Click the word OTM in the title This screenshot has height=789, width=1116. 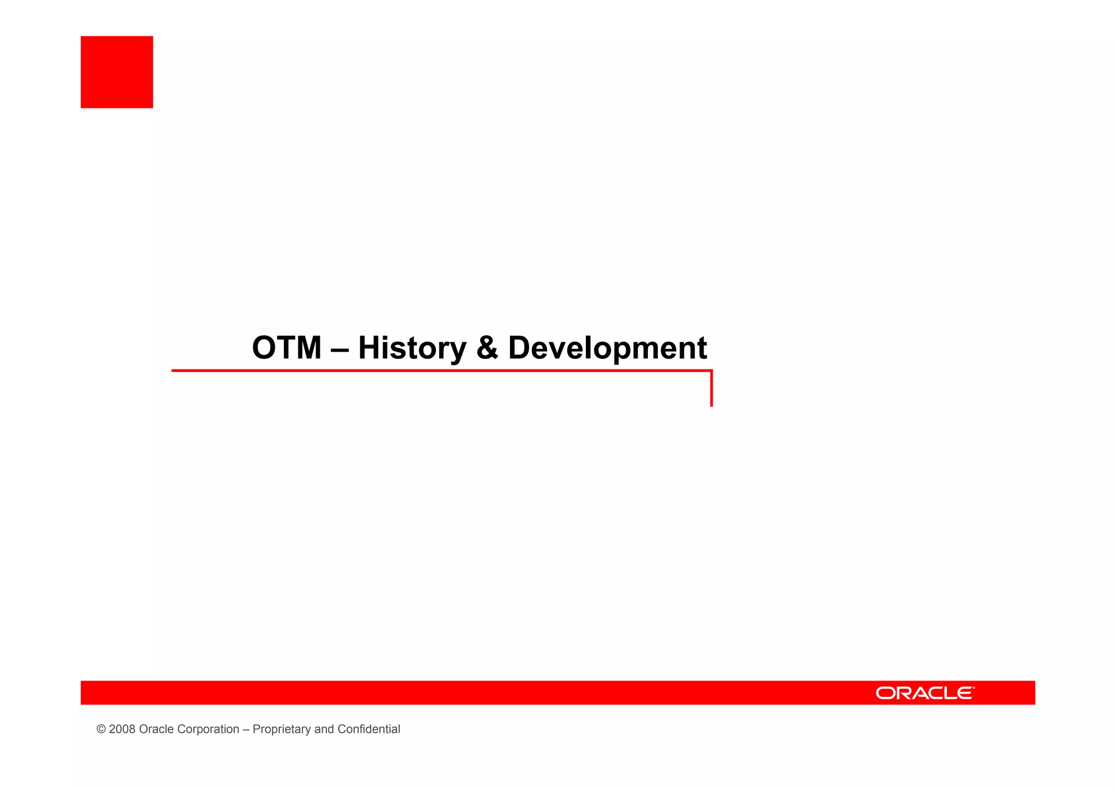(287, 348)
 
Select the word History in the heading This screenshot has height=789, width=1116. (412, 348)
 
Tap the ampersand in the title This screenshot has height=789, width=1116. (487, 348)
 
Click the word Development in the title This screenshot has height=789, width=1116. (607, 348)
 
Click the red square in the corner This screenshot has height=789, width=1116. (117, 72)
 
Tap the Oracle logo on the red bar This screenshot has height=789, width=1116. (924, 692)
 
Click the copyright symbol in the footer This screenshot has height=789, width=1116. (101, 730)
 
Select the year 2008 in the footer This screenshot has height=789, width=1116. (122, 730)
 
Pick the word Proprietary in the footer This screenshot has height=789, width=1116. (281, 730)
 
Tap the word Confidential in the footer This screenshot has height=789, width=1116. (368, 730)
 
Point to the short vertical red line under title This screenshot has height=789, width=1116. (711, 390)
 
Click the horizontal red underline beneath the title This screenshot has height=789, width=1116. (436, 371)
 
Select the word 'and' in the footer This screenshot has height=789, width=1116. (324, 730)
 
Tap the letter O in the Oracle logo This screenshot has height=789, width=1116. (885, 693)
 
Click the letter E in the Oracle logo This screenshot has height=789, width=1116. (963, 693)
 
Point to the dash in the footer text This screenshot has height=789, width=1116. (246, 730)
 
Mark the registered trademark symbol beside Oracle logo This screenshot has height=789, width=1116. (973, 688)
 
